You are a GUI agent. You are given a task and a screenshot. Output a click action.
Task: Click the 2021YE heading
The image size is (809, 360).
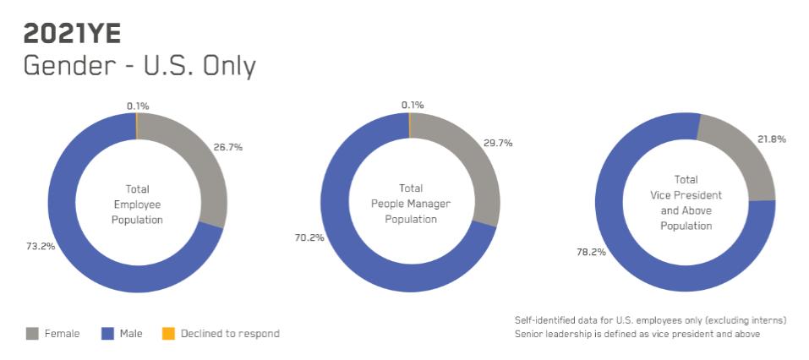point(72,35)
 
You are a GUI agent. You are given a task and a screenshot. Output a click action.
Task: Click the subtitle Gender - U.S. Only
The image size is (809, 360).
point(139,67)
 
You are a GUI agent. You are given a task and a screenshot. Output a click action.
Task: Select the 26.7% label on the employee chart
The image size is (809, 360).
point(228,148)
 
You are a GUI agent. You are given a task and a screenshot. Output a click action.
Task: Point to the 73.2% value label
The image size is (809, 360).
point(41,246)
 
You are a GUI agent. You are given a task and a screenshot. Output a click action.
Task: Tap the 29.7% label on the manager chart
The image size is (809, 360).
point(498,144)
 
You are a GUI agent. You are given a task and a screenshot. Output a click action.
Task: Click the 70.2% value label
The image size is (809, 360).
point(309,237)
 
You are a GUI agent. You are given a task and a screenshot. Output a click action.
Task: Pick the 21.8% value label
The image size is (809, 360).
point(771,139)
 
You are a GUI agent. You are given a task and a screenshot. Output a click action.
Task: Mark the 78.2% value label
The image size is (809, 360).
point(591,253)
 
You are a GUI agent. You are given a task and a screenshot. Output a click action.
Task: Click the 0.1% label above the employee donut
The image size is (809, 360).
point(138,106)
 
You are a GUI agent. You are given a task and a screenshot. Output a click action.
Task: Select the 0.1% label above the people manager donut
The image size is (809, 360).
point(413,106)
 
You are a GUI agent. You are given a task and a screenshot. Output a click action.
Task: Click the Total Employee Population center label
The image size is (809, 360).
point(137,205)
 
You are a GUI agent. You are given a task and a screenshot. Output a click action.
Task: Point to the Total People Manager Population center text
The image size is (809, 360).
point(411,204)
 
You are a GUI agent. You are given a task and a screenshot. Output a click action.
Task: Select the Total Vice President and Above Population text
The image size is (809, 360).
point(686,203)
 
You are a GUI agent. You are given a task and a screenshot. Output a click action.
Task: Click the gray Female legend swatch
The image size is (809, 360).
point(32,334)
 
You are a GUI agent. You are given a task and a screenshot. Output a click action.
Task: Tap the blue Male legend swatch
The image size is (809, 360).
point(107,334)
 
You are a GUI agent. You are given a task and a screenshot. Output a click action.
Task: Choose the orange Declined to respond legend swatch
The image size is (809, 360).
point(168,334)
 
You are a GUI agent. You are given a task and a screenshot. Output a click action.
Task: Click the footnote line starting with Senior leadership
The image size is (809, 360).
point(637,334)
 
